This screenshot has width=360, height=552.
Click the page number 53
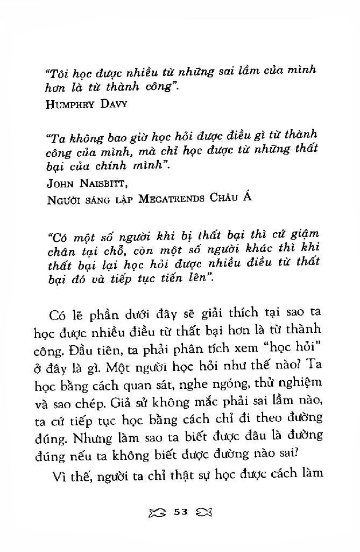180,512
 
